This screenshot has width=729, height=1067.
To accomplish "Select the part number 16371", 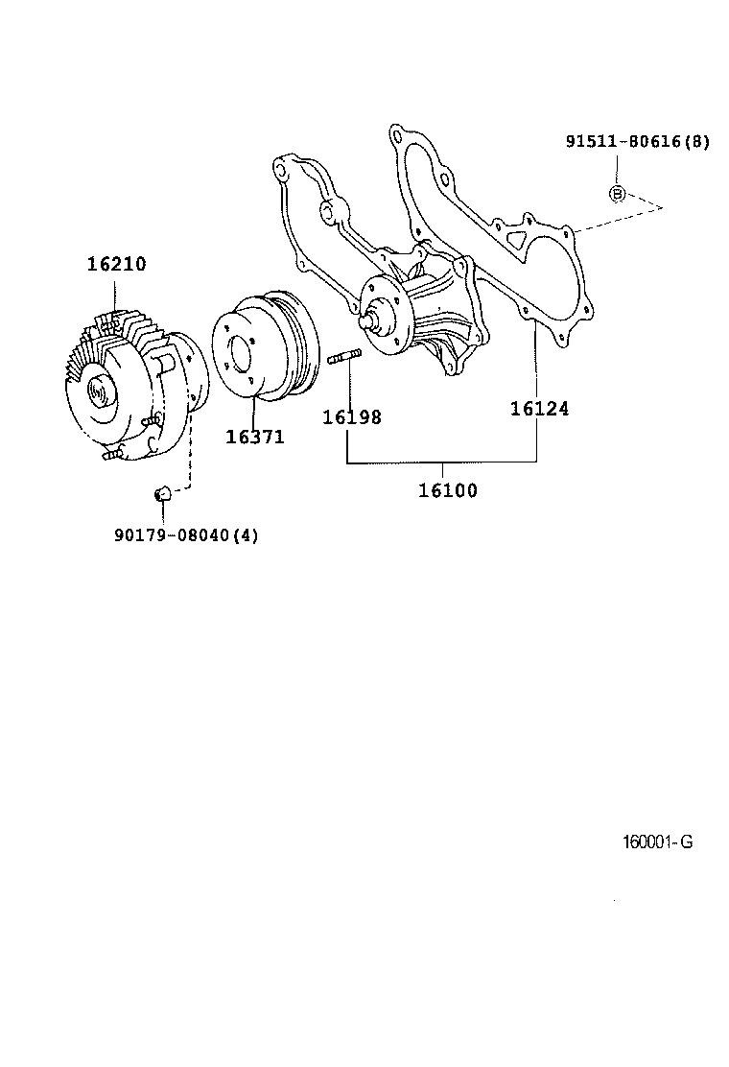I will coord(255,437).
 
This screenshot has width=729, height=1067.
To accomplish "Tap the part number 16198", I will coord(351,417).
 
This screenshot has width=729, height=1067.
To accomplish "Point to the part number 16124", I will coord(539,409).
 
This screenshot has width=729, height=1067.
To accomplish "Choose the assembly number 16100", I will coord(447,491).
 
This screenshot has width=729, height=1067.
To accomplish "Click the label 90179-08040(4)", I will coord(186,534).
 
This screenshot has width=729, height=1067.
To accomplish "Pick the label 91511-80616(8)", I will coord(637,142).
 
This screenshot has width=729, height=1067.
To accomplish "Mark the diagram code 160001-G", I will coord(657,842).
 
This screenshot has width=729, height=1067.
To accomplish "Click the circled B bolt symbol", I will coord(618,194).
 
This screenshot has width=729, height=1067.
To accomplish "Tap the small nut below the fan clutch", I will coord(162,493).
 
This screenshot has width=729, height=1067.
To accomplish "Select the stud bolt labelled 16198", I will coord(342,360).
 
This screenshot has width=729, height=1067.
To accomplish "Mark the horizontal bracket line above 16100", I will coord(441,462).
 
